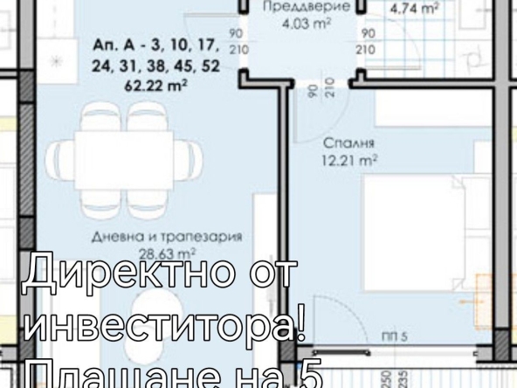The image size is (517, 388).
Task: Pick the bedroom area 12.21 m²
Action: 348,160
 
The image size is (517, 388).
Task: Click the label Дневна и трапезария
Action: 167,237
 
